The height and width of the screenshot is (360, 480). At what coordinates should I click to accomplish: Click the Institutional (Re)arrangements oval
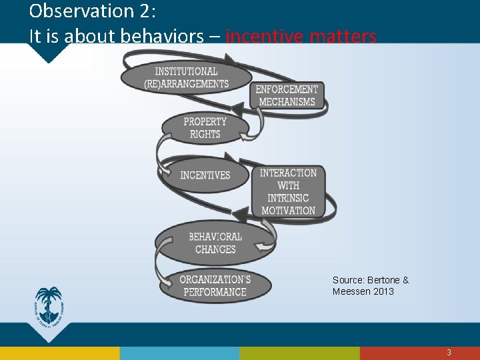click(x=186, y=77)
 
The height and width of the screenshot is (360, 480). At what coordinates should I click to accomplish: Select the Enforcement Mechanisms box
click(x=287, y=95)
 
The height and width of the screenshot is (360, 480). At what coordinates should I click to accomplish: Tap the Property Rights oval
click(x=205, y=128)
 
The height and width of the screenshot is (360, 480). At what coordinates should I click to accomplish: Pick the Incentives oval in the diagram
click(x=205, y=175)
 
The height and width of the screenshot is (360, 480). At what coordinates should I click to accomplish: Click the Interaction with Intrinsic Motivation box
click(x=288, y=191)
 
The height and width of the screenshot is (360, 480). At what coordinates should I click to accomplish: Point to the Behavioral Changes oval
click(x=215, y=243)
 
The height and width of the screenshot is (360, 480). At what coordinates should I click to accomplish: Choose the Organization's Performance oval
click(x=215, y=285)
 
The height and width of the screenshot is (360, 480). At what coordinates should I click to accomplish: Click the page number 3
click(x=449, y=353)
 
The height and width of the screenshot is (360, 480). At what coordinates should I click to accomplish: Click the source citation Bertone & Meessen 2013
click(x=370, y=285)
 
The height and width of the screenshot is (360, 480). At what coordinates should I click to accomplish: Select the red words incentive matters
click(x=301, y=37)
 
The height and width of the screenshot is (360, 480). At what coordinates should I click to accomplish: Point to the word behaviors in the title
click(x=146, y=37)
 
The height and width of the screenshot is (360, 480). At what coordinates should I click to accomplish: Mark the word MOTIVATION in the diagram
click(x=288, y=211)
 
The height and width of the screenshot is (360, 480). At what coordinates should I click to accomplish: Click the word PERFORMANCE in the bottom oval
click(x=215, y=292)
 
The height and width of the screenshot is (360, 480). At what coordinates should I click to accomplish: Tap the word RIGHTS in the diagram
click(x=205, y=135)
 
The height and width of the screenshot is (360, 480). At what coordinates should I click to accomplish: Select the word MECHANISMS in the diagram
click(x=287, y=102)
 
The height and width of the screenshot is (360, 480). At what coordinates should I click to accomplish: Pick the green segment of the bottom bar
click(x=300, y=353)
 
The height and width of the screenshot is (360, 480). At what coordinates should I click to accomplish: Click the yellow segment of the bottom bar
click(x=180, y=353)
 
